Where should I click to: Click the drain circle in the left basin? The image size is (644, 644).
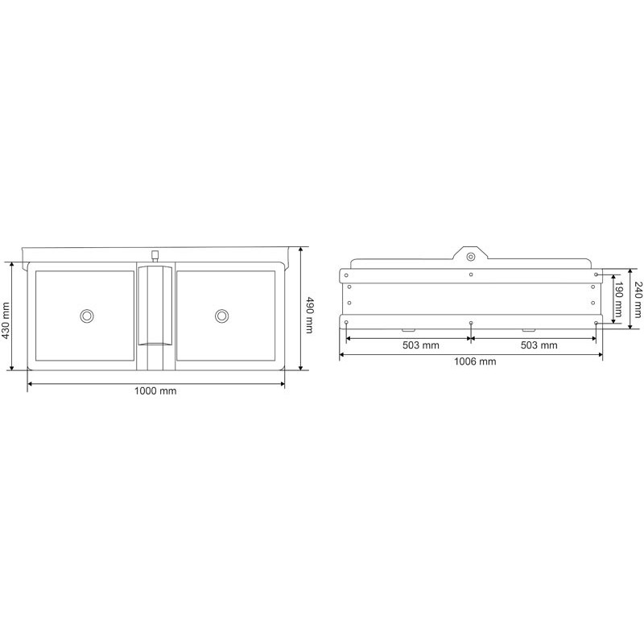pyautogui.click(x=86, y=316)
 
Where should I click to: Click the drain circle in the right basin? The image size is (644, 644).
pyautogui.click(x=221, y=316)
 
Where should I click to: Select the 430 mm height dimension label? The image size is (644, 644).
pyautogui.click(x=7, y=316)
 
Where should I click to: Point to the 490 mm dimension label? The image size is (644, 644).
pyautogui.click(x=309, y=316)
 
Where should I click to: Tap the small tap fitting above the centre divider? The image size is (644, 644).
pyautogui.click(x=155, y=255)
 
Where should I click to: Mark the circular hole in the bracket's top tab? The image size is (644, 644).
pyautogui.click(x=471, y=257)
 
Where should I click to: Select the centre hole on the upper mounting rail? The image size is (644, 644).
pyautogui.click(x=471, y=275)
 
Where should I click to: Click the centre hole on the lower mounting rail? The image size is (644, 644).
pyautogui.click(x=471, y=323)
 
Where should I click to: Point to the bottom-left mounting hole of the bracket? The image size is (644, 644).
pyautogui.click(x=346, y=323)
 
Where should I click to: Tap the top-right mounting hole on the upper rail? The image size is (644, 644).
pyautogui.click(x=596, y=275)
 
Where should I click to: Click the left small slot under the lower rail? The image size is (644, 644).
pyautogui.click(x=408, y=330)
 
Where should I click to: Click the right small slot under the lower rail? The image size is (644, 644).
pyautogui.click(x=528, y=330)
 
